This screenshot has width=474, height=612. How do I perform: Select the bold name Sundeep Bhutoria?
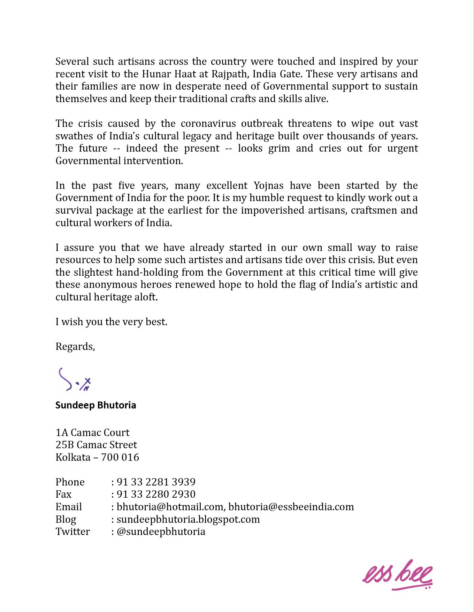point(95,405)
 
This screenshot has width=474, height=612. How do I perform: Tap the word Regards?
point(75,346)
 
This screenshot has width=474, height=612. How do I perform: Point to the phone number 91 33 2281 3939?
point(156,482)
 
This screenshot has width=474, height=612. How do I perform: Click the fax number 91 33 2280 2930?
point(156,494)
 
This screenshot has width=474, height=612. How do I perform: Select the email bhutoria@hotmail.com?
point(170,507)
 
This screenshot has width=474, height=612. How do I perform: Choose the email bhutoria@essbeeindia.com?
point(291,507)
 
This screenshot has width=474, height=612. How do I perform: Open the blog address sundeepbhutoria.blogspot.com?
point(188,519)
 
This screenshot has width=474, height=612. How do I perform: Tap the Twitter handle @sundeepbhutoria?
point(161,531)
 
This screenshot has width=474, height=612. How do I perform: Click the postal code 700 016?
point(120,457)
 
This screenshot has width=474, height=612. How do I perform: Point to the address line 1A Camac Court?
point(92,433)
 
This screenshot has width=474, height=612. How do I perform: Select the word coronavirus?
point(208,124)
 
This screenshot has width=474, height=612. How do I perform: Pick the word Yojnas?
point(268,185)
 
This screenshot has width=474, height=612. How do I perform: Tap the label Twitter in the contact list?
point(72,531)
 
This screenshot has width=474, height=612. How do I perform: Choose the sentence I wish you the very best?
point(111,322)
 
